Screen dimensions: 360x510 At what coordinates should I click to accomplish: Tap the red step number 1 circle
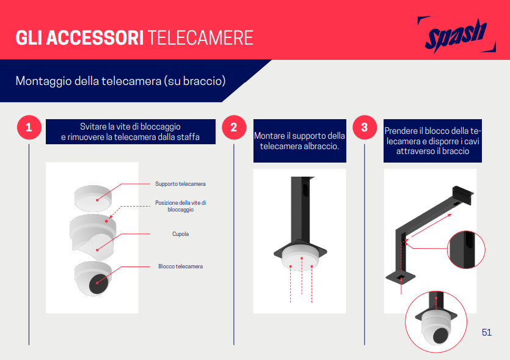point(29,128)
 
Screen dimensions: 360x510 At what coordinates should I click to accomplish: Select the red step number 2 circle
point(234,128)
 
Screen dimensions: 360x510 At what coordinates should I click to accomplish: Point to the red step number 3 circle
point(365,127)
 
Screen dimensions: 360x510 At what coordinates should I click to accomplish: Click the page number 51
point(487,332)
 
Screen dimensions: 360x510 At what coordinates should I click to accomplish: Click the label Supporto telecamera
point(180,184)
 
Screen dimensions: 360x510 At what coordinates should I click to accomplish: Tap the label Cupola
point(180,234)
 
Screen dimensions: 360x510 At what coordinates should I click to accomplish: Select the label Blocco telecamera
point(180,266)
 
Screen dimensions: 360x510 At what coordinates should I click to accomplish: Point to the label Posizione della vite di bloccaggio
point(180,206)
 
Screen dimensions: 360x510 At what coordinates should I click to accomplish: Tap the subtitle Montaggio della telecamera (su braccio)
point(121,81)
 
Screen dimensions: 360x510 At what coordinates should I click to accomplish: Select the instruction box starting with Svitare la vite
point(131,131)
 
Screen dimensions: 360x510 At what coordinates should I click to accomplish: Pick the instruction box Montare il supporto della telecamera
point(299,141)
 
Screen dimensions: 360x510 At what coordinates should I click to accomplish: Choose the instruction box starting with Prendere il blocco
point(432,141)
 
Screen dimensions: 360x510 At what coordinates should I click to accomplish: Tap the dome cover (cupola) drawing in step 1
point(92,234)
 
